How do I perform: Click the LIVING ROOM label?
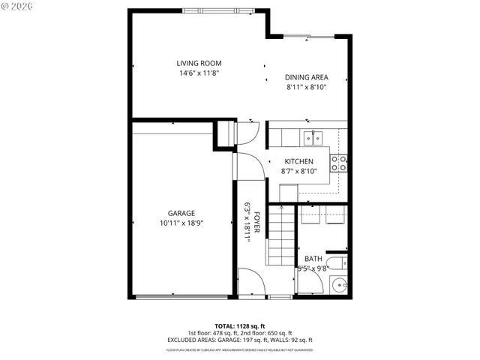click(x=199, y=63)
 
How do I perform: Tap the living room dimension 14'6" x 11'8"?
click(x=199, y=73)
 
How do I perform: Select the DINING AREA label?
click(x=306, y=77)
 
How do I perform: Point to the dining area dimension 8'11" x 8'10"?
click(x=306, y=88)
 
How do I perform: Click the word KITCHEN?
click(x=298, y=161)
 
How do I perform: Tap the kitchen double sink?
click(x=313, y=137)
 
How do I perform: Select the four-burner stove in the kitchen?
click(x=339, y=163)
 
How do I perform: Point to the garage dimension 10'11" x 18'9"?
click(x=181, y=223)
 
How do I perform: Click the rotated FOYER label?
click(x=256, y=221)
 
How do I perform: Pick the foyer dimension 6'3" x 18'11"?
click(x=247, y=221)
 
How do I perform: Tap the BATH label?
click(x=313, y=259)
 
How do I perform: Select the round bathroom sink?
click(x=339, y=285)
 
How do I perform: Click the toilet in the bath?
click(x=338, y=262)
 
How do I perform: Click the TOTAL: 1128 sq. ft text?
click(x=239, y=326)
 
